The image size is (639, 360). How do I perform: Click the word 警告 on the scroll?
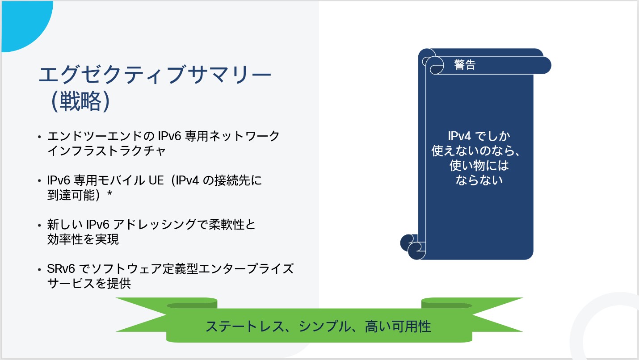tap(465, 65)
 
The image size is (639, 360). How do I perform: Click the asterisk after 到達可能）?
tap(109, 195)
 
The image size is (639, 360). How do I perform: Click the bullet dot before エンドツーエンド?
tap(40, 136)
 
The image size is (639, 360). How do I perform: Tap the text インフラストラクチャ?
tap(106, 151)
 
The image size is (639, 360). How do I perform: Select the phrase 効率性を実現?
tap(83, 239)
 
